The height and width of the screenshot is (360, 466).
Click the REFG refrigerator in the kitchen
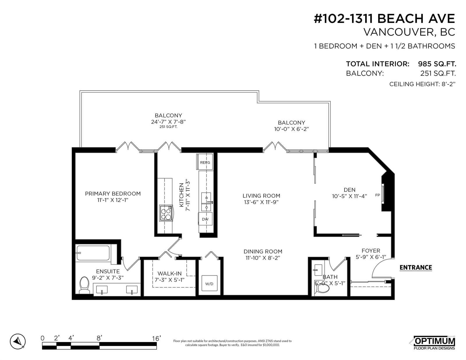coord(205,162)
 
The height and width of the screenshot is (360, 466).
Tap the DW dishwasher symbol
coord(205,219)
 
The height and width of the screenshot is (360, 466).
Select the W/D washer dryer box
coord(209,283)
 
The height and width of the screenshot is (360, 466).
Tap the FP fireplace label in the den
coord(377,195)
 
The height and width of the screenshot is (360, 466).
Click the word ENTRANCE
coord(416,267)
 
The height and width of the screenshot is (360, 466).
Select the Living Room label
coord(261,196)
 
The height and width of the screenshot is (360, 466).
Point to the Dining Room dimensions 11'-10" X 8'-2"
coord(263,258)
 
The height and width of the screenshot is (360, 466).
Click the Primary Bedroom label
coord(113,194)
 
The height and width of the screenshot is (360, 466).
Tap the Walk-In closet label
coord(170,274)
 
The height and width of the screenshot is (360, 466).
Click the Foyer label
coord(371,251)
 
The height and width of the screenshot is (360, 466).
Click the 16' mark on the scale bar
coord(156,338)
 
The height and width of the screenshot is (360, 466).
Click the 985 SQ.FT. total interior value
coord(437,64)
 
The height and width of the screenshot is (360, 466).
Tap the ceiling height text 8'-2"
coord(448,84)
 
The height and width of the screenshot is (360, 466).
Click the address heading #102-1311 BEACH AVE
coord(384,19)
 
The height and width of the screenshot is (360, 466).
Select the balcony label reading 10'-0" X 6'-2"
coord(292,129)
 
